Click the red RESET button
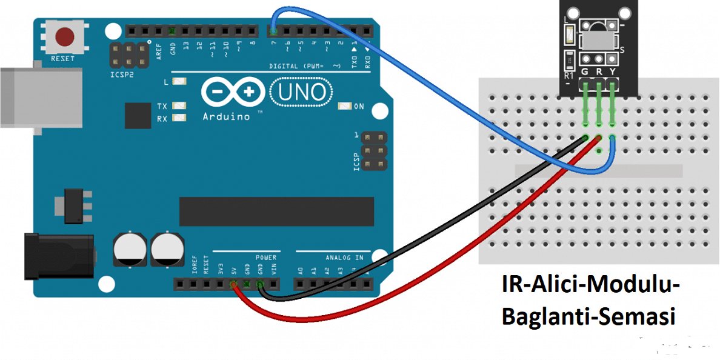tap(64, 37)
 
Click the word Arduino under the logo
tap(226, 116)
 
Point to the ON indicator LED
tap(344, 106)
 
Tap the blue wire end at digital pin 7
tap(273, 30)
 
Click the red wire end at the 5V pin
tap(234, 284)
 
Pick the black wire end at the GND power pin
tap(261, 284)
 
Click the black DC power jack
tap(58, 256)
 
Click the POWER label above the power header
tap(266, 258)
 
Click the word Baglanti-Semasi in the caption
tap(588, 316)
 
